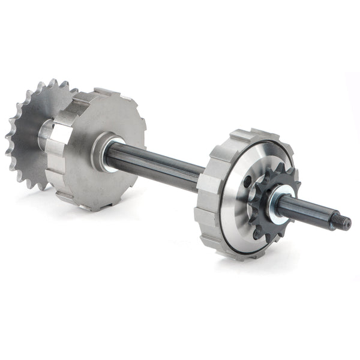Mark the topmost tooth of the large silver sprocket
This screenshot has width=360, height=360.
(53, 83)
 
